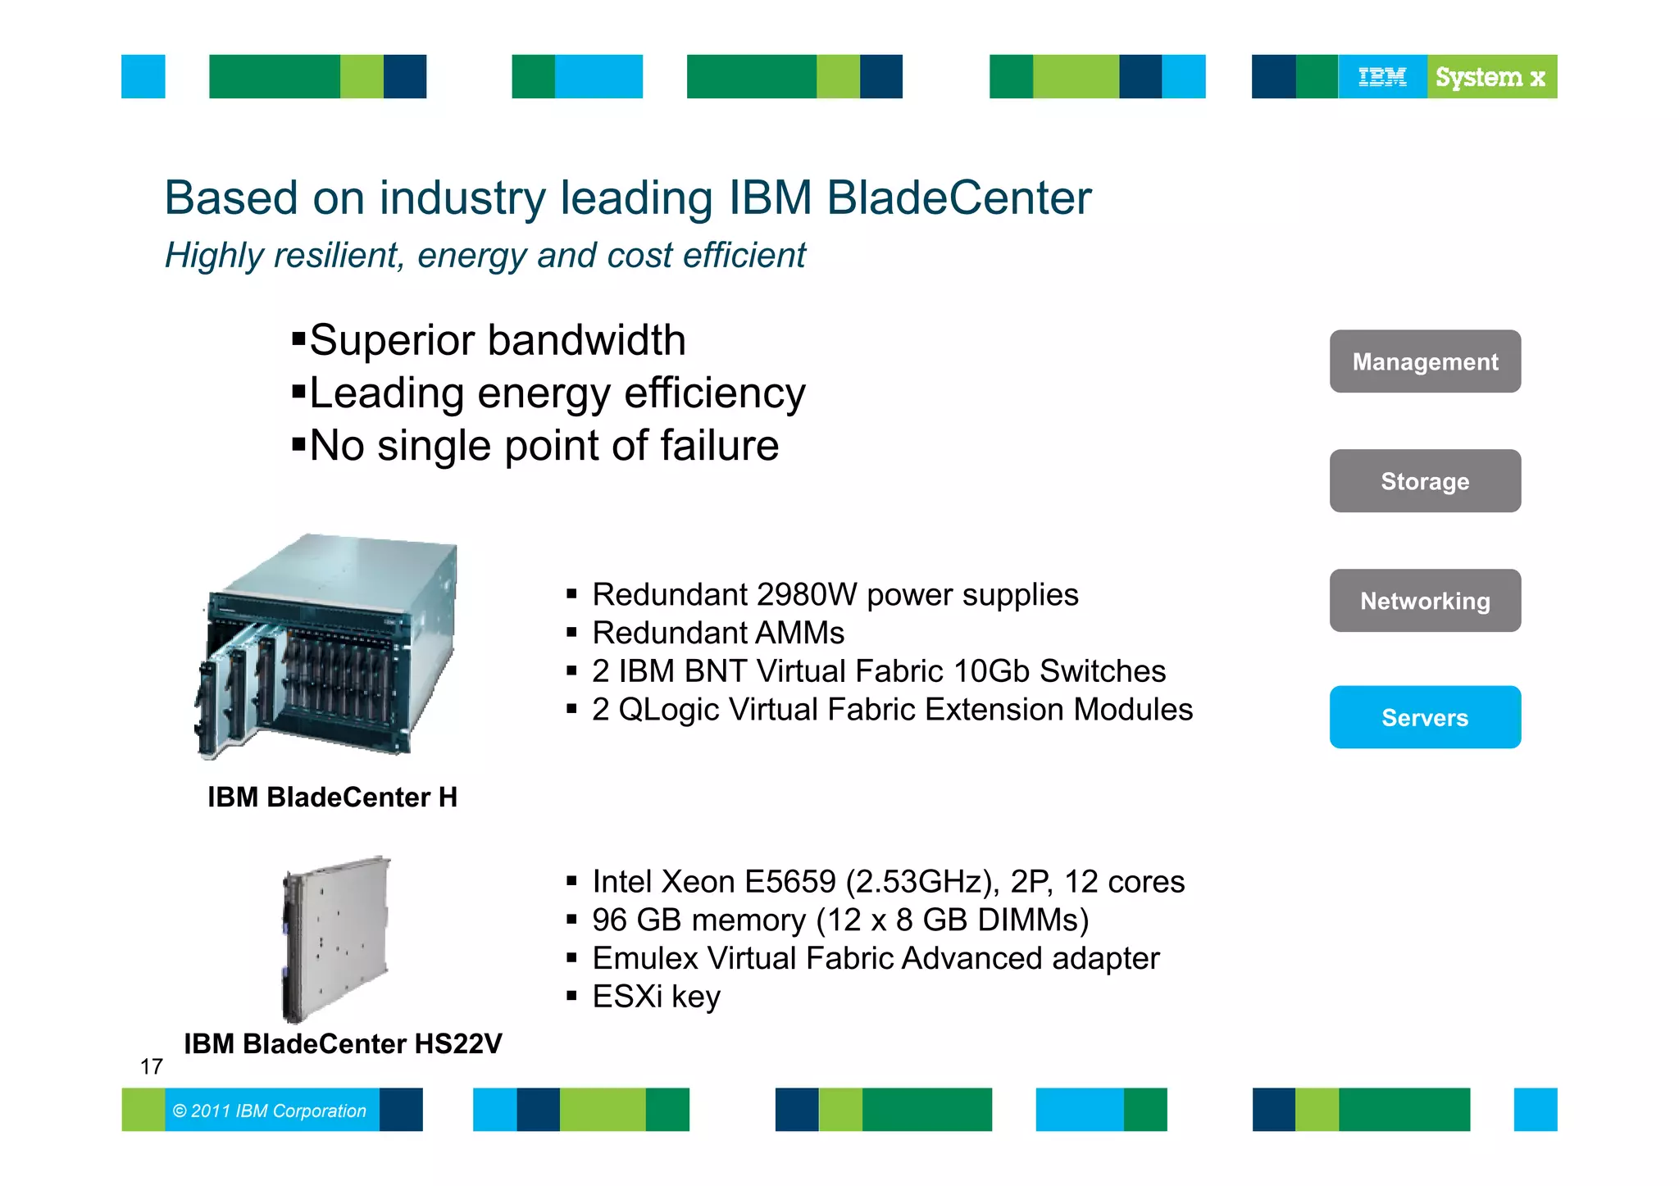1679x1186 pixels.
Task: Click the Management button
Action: (x=1425, y=361)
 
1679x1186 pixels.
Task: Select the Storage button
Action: (x=1425, y=481)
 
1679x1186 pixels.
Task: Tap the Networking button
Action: (x=1425, y=601)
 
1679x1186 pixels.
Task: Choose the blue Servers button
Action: (x=1425, y=717)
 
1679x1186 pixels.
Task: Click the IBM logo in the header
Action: (x=1382, y=77)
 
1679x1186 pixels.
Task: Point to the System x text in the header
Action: (x=1490, y=77)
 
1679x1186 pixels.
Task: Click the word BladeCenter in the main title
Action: (x=958, y=198)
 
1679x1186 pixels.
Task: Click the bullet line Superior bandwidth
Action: (x=497, y=340)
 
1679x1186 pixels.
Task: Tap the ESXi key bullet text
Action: (x=656, y=997)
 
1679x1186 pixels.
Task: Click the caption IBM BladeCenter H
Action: (x=332, y=797)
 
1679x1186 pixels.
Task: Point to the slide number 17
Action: (x=152, y=1066)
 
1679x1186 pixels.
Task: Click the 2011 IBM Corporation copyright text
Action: (x=270, y=1111)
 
